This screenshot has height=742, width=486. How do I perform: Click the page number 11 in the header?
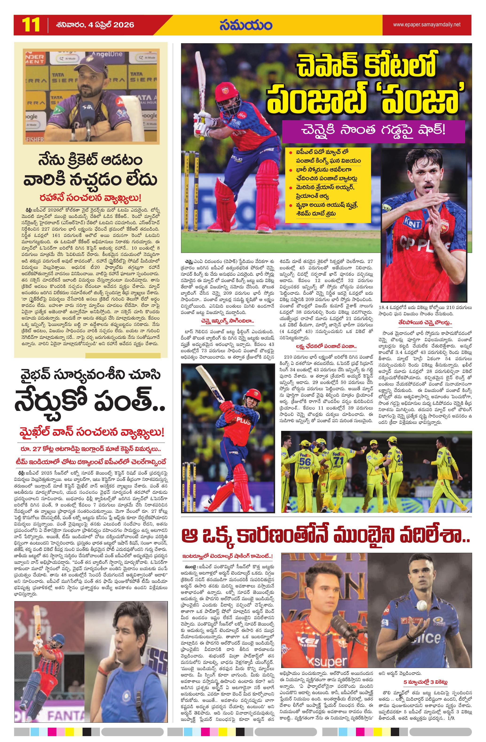(31, 25)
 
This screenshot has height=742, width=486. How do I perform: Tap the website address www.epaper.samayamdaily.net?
(426, 25)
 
